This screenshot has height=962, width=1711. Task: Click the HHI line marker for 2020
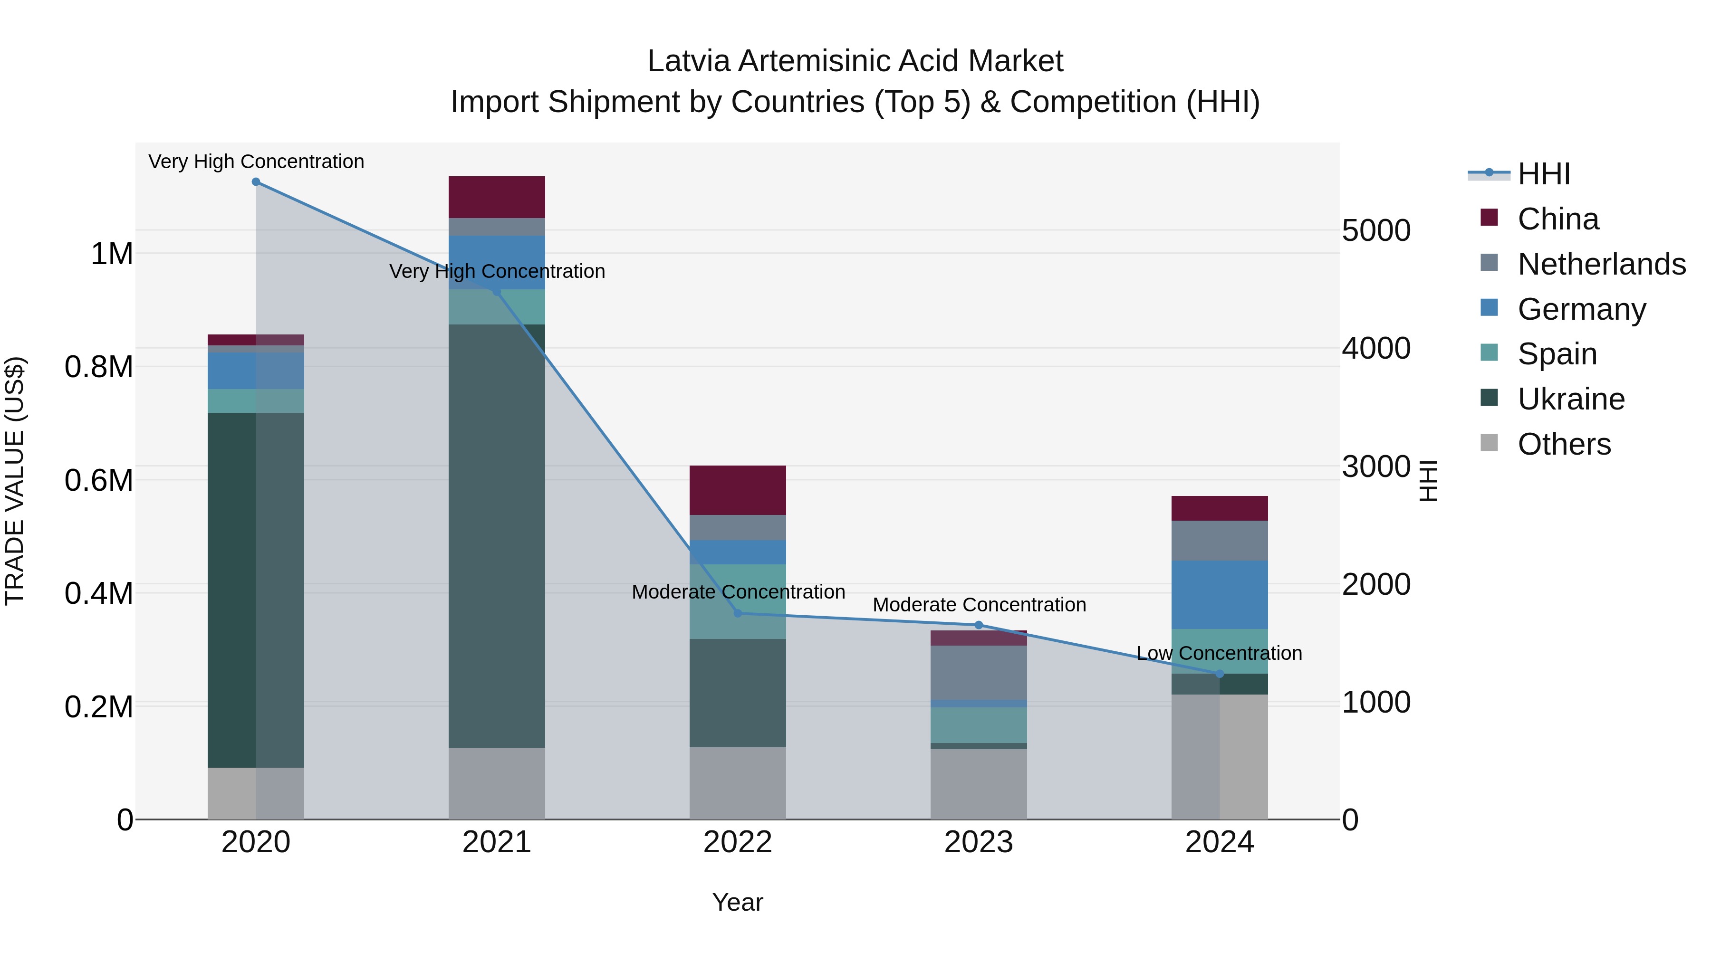pyautogui.click(x=256, y=182)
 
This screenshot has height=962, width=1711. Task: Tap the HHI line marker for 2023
pyautogui.click(x=979, y=625)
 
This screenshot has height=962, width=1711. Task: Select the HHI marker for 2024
pyautogui.click(x=1220, y=674)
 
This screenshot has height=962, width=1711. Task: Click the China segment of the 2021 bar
pyautogui.click(x=497, y=197)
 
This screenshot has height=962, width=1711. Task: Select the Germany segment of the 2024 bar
pyautogui.click(x=1220, y=594)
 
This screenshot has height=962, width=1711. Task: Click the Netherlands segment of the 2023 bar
pyautogui.click(x=979, y=672)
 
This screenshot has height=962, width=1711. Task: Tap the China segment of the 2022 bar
pyautogui.click(x=737, y=490)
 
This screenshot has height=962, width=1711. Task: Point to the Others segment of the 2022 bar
pyautogui.click(x=737, y=783)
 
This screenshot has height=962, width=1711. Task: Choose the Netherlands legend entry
pyautogui.click(x=1601, y=264)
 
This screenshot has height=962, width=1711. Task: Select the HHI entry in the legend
pyautogui.click(x=1544, y=174)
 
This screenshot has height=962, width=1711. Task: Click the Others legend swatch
pyautogui.click(x=1489, y=443)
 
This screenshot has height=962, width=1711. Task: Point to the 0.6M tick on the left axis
pyautogui.click(x=99, y=480)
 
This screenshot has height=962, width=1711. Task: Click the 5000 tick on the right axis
pyautogui.click(x=1376, y=230)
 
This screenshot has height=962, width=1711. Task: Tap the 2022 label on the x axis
pyautogui.click(x=737, y=842)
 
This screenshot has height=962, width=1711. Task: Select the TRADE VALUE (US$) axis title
pyautogui.click(x=15, y=481)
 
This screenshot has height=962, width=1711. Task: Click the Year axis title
pyautogui.click(x=737, y=902)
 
